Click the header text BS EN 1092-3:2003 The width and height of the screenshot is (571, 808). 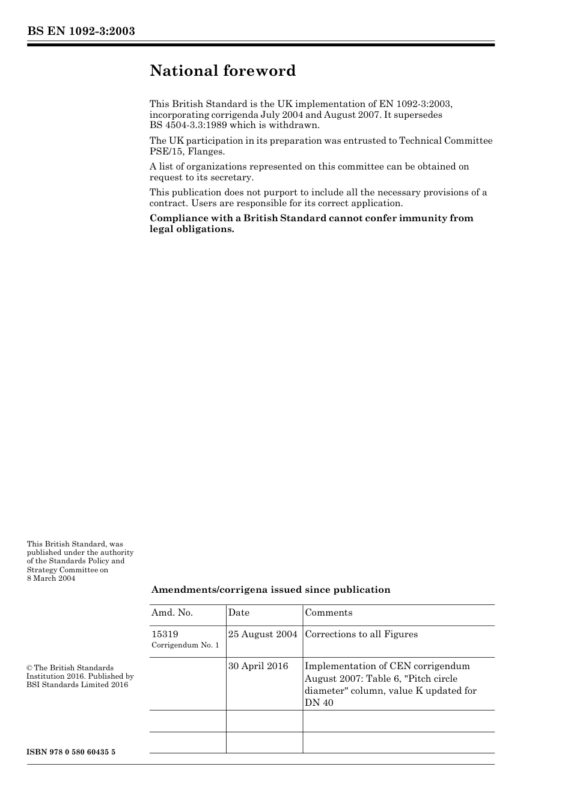click(81, 31)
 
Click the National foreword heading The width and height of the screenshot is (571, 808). click(222, 71)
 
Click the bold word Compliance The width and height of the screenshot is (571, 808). click(177, 218)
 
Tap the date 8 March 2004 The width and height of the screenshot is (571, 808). click(51, 578)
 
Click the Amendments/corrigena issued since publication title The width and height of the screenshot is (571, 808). click(270, 590)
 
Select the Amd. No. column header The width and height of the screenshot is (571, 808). click(172, 613)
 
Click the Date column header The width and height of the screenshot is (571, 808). click(239, 613)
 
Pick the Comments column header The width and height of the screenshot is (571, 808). click(329, 613)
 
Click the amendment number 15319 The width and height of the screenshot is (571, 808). click(165, 634)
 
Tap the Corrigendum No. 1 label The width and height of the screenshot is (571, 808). click(185, 645)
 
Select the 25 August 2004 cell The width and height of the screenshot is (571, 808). click(263, 634)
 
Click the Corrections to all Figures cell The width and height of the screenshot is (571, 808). click(361, 634)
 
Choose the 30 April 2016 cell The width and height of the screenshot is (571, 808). click(258, 666)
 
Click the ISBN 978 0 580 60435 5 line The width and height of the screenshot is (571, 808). click(71, 752)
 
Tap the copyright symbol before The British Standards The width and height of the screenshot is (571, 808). click(29, 668)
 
